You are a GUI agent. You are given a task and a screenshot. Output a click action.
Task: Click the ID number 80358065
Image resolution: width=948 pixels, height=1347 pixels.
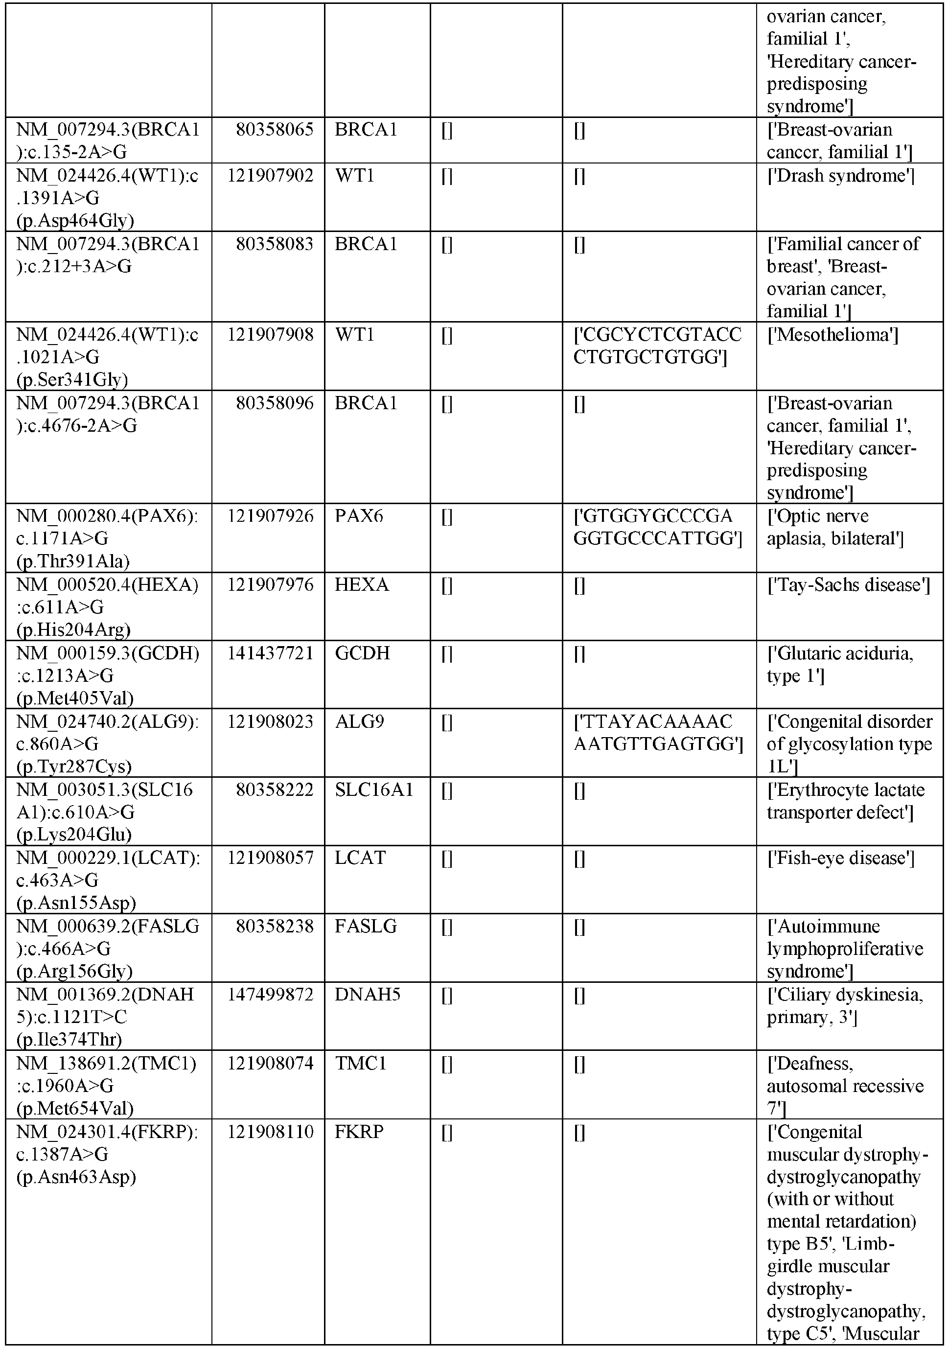275,130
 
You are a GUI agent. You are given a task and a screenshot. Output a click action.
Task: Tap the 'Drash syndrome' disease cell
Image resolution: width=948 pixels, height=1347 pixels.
841,176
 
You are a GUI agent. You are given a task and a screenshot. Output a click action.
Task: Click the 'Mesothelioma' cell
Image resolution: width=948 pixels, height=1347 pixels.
832,335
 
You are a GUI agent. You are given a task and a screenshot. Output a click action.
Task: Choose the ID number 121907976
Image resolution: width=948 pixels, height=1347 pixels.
271,585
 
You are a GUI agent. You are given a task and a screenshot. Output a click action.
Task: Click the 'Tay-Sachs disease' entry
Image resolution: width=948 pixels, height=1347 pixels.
848,585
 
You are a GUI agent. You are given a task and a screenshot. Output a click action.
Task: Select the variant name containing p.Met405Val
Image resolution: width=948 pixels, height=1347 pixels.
107,675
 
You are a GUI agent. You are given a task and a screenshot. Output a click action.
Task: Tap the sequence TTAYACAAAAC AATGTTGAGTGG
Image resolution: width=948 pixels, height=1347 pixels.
658,733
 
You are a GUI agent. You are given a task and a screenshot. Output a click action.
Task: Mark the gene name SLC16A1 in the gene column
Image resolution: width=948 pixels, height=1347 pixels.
374,790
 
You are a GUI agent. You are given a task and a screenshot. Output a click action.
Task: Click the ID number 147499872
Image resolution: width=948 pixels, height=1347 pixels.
271,995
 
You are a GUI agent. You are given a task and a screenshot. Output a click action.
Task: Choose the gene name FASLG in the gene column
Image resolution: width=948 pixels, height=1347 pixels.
366,927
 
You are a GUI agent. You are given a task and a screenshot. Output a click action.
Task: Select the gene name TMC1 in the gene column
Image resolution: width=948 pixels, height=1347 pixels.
360,1063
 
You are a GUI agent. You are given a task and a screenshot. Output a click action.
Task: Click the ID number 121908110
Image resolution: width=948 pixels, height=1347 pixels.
271,1132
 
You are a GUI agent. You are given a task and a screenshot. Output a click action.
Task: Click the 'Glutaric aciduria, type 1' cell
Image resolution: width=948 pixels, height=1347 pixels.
839,664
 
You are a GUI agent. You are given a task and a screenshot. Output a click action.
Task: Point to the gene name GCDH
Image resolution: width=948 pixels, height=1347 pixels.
362,653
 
